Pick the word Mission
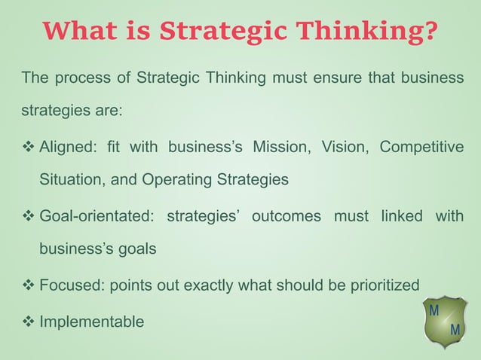(x=279, y=146)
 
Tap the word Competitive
(x=421, y=146)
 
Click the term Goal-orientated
(x=96, y=216)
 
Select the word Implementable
(x=91, y=322)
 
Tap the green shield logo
(x=444, y=321)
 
